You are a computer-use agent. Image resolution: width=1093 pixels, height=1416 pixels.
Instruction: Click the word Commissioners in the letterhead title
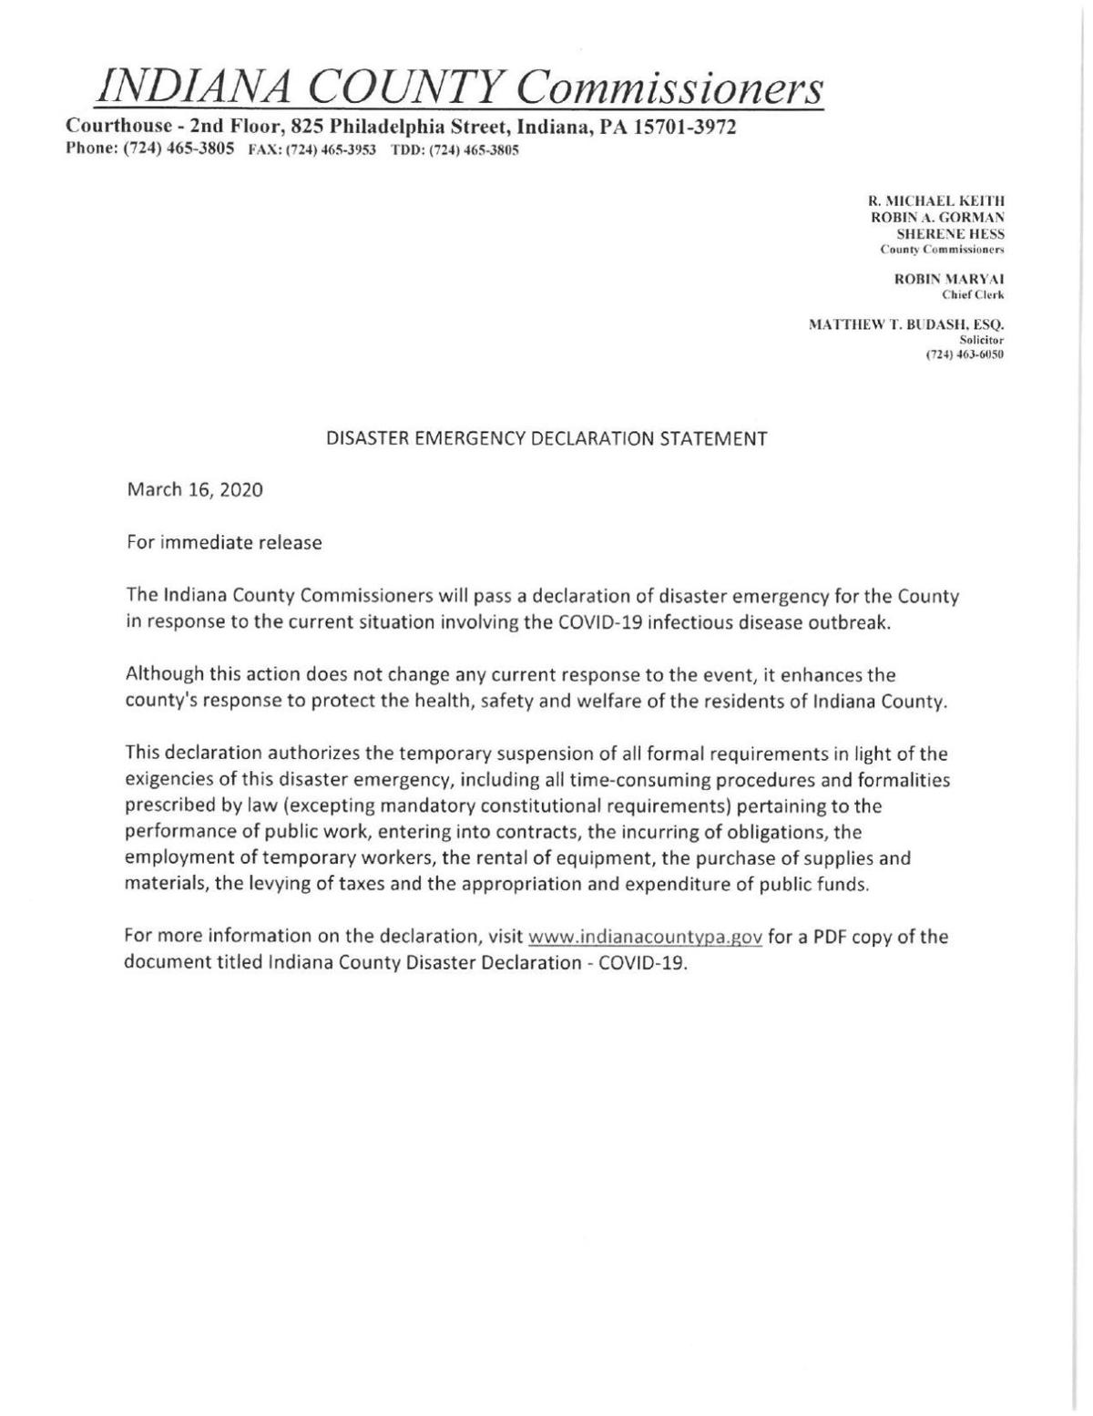(672, 87)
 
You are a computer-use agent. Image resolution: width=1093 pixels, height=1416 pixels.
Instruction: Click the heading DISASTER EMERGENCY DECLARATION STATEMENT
(546, 438)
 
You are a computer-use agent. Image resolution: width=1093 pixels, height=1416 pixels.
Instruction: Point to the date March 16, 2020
(195, 490)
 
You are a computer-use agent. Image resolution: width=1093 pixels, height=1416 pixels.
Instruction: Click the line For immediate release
(224, 543)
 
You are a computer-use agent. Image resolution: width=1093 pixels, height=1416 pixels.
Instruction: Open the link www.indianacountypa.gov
(645, 938)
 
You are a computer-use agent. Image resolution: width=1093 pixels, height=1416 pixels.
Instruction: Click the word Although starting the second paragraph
(162, 675)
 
